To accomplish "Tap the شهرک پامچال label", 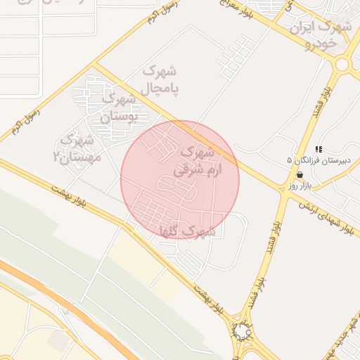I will point(160,80).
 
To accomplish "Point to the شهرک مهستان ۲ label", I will point(77,148).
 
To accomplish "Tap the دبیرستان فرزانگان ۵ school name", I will point(288,161).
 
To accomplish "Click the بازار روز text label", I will point(300,186).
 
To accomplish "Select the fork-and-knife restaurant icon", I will point(319,149).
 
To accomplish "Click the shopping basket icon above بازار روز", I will point(300,174).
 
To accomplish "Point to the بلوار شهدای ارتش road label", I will point(325,215).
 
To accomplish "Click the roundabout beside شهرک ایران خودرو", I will point(343,65).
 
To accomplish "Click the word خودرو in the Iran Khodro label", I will point(321,44).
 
